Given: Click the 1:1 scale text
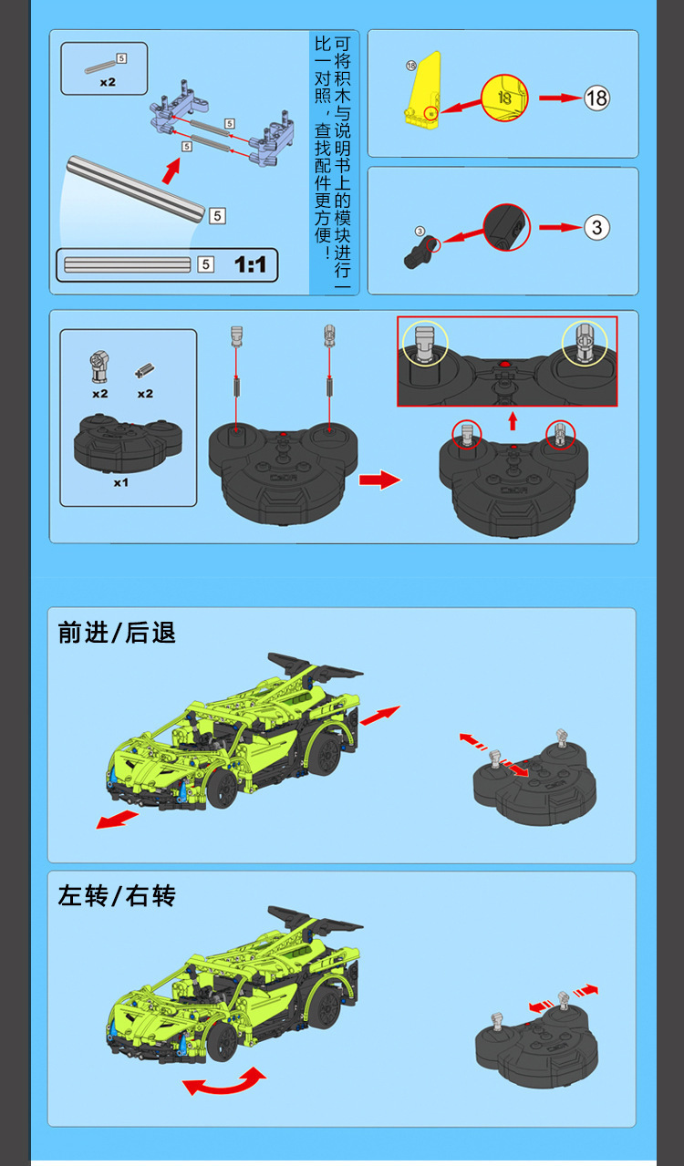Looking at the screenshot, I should coord(250,264).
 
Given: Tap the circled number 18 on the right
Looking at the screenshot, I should coord(596,98).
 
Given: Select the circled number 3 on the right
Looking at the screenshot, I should coord(596,227).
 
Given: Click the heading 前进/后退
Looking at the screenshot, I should coord(117,633).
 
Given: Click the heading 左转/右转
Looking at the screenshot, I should coord(117,896).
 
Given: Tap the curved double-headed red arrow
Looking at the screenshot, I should coord(224,1082).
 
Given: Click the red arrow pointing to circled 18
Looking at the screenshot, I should coord(557,98).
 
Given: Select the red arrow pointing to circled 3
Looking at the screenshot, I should coord(557,227).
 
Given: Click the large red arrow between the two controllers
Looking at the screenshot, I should coord(378,480).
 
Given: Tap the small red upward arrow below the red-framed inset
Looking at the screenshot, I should coord(513,420).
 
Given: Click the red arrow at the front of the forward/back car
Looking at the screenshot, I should coord(118,820).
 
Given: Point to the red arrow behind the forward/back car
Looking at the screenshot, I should coord(380,716).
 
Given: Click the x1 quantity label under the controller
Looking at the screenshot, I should coord(121,482).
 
